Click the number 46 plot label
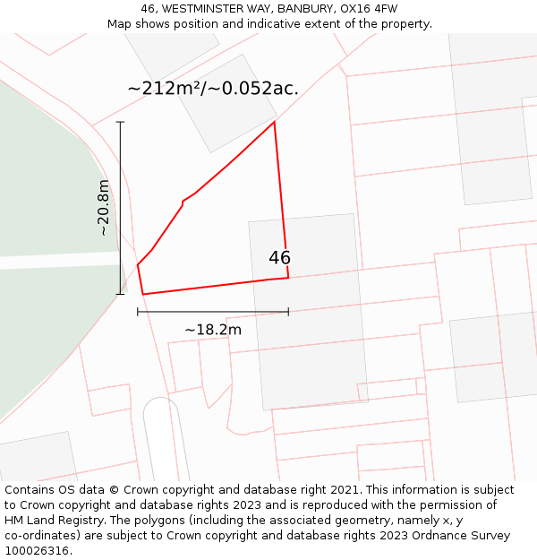279,258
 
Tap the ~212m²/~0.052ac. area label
213,88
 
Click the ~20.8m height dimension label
104,207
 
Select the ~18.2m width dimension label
213,330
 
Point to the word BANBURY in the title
302,9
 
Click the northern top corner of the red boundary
274,122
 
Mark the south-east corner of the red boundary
288,278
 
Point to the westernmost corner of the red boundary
138,264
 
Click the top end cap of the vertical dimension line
120,122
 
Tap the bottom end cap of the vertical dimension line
120,294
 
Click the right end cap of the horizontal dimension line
288,312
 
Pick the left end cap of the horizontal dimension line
138,312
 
